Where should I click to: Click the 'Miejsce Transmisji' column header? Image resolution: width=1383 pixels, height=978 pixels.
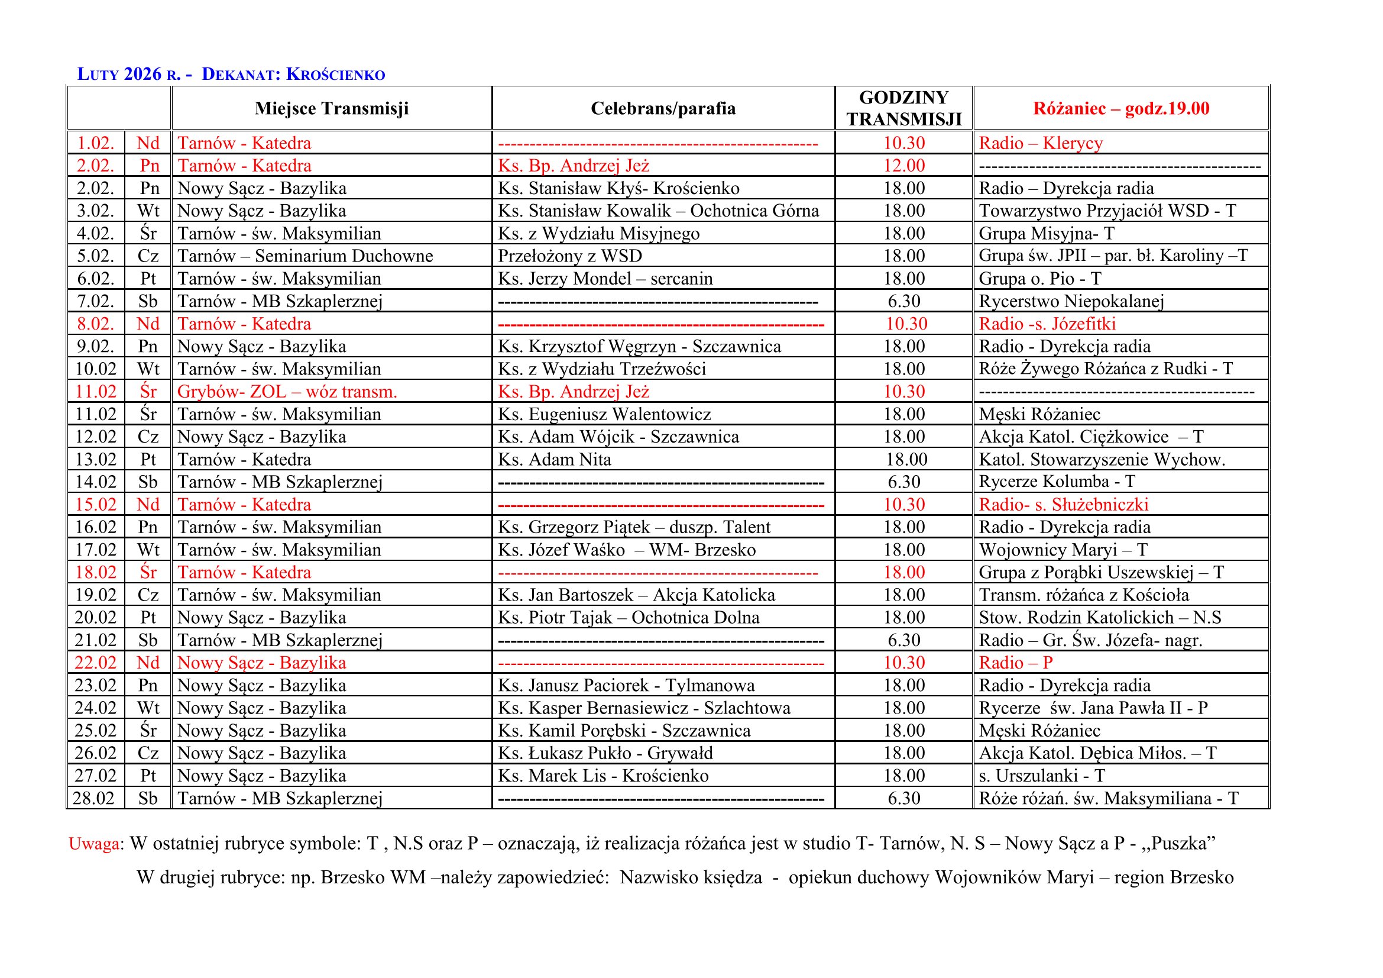coord(331,108)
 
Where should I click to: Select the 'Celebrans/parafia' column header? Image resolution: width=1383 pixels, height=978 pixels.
coord(663,108)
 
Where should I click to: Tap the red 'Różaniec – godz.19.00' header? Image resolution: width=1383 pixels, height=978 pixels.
coord(1121,108)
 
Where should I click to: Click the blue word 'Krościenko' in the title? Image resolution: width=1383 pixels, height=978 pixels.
coord(335,75)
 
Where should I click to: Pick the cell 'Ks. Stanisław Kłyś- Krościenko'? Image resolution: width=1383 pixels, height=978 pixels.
coord(618,189)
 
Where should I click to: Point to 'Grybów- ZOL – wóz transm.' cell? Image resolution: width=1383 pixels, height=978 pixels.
coord(287,392)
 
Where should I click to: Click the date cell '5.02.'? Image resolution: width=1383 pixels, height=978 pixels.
coord(95,256)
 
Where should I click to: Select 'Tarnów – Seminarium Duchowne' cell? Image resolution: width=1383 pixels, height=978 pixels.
coord(305,256)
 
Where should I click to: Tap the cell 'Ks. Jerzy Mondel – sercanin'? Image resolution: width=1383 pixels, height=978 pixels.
coord(605,279)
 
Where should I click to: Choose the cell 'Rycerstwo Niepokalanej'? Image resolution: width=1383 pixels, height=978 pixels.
coord(1071,301)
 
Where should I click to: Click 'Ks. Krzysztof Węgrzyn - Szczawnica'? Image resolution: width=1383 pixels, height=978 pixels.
coord(639,347)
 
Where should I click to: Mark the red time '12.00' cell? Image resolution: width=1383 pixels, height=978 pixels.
coord(903,166)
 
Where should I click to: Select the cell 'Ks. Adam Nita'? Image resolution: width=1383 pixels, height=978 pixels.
coord(554,460)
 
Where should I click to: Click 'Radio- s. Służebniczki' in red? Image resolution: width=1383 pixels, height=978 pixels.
coord(1063,504)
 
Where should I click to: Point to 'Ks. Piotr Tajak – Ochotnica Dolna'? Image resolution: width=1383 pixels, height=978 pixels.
coord(629,618)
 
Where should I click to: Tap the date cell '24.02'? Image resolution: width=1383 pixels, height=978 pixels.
coord(95,708)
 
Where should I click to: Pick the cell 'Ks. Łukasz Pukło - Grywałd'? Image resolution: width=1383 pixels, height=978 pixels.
coord(605,753)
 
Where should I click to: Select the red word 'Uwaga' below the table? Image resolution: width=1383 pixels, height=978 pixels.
coord(94,844)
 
